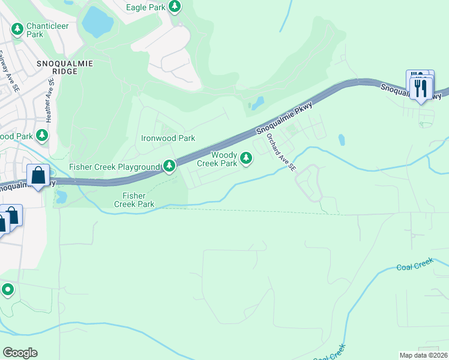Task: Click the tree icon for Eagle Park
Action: tap(174, 7)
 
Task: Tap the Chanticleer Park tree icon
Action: tap(17, 28)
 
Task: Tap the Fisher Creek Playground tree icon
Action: tap(170, 165)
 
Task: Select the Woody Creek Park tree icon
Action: tap(246, 158)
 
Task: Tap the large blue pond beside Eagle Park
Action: tap(97, 23)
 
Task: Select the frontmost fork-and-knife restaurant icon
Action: tap(421, 89)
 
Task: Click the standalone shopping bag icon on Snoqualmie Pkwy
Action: tap(38, 176)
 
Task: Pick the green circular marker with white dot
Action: tap(8, 290)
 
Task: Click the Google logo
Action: tap(20, 353)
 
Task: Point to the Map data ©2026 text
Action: tap(423, 355)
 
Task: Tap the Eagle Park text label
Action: tap(146, 7)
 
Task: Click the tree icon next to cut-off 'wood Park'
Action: tap(42, 136)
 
